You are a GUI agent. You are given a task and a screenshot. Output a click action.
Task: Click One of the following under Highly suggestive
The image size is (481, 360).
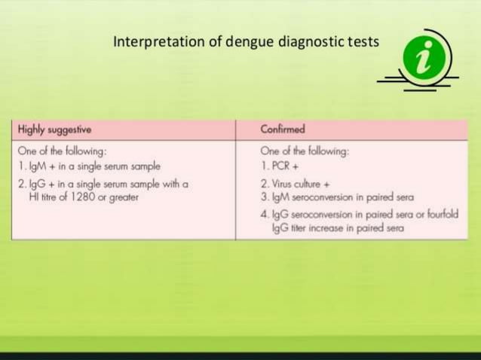tap(61, 151)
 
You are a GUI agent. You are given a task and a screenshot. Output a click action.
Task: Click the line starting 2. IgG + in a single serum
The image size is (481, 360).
tap(102, 185)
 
